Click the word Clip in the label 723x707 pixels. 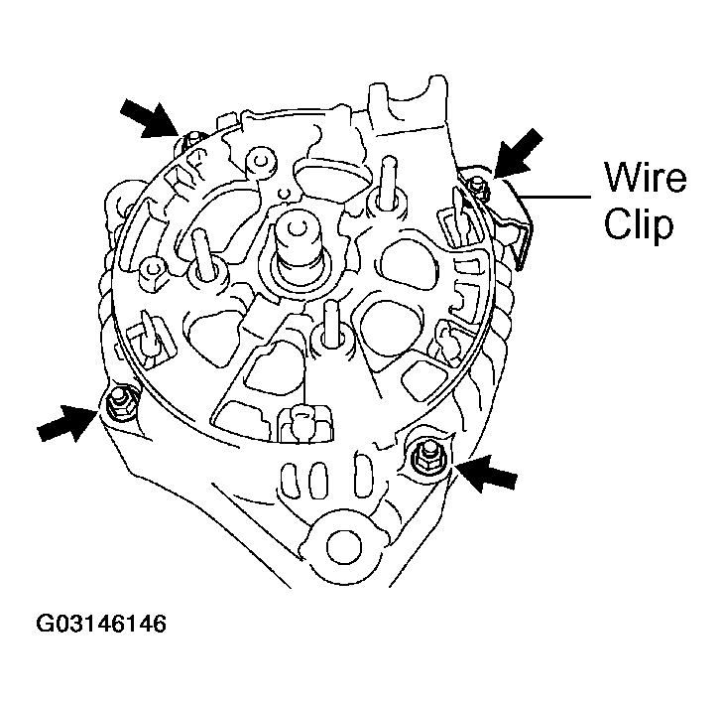coord(640,224)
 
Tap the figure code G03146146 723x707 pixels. coord(101,625)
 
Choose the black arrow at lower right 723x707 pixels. coord(488,474)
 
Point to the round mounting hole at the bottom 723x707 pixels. coord(343,543)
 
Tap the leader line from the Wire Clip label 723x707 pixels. coord(559,197)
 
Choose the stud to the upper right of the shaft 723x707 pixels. coord(383,183)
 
